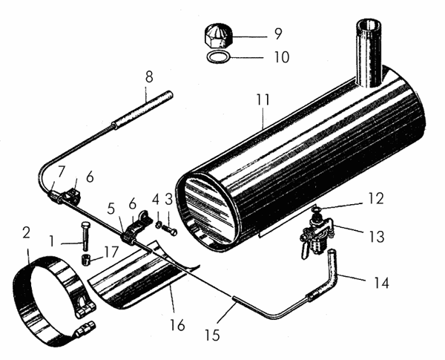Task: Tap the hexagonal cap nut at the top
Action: (217, 35)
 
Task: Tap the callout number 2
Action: (27, 233)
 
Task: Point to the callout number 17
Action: (112, 252)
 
